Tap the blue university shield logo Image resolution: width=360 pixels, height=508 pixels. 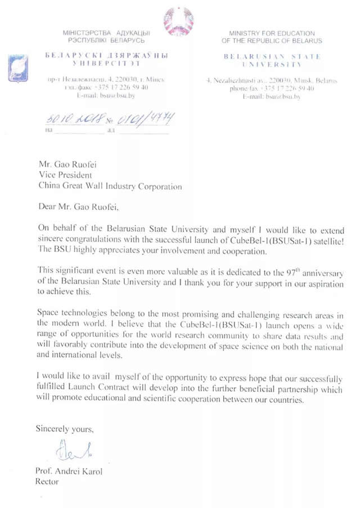15,68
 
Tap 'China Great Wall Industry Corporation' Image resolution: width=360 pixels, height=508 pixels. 110,186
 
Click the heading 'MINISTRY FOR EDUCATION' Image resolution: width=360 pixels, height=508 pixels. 272,33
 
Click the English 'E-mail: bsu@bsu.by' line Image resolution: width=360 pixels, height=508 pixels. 272,97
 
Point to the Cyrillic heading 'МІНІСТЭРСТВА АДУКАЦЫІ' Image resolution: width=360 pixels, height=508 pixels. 106,33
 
